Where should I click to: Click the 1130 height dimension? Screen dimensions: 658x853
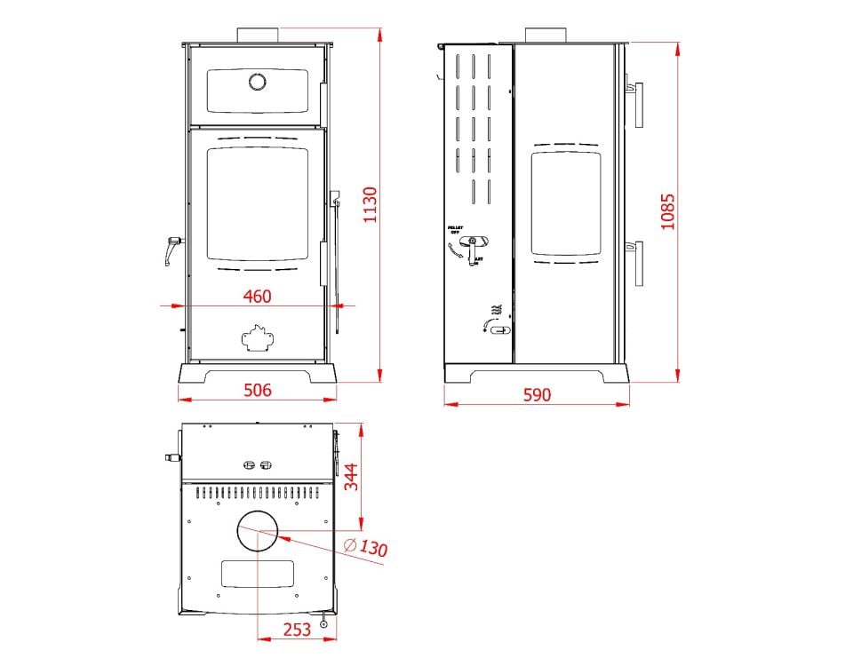[371, 205]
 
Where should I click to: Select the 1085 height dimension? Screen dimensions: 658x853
[668, 211]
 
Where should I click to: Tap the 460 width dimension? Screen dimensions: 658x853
[257, 297]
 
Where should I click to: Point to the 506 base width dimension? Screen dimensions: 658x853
[257, 390]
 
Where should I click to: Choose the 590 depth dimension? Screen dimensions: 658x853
[537, 394]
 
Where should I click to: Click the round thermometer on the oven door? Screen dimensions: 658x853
[257, 82]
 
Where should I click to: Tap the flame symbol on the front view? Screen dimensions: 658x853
[257, 337]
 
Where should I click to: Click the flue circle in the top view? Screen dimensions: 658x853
[257, 532]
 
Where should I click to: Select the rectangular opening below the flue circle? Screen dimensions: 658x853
[257, 575]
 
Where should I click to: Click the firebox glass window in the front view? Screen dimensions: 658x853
[257, 203]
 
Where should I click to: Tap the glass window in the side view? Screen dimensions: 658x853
[566, 204]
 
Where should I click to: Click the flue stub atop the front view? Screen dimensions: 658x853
[258, 35]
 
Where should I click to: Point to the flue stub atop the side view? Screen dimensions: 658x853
[546, 36]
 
